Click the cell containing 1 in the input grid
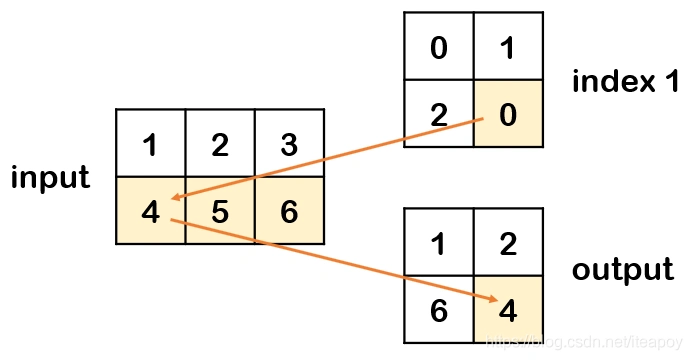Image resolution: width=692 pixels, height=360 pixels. pos(150,144)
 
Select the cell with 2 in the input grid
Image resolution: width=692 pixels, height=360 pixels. pos(220,144)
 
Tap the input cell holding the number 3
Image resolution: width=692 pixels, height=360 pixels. pos(289,144)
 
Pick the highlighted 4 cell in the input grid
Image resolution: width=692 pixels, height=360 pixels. pos(150,212)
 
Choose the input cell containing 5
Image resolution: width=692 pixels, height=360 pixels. pos(220,212)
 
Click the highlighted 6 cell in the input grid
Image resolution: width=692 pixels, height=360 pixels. pos(289,212)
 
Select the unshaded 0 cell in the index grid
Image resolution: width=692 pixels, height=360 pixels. pos(438,47)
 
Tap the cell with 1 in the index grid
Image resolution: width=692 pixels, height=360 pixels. pos(508,47)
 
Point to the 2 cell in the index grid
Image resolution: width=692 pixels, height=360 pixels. pos(438,114)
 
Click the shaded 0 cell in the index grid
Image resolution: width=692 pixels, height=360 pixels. pos(508,114)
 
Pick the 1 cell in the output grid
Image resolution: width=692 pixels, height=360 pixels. pos(438,242)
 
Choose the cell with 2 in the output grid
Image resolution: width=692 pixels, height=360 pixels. pos(508,242)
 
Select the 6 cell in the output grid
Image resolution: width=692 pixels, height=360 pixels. pos(438,310)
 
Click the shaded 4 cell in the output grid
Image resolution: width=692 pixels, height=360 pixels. pos(508,310)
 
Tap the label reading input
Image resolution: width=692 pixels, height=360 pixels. pos(50,178)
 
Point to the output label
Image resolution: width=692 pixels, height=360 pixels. pos(622,270)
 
